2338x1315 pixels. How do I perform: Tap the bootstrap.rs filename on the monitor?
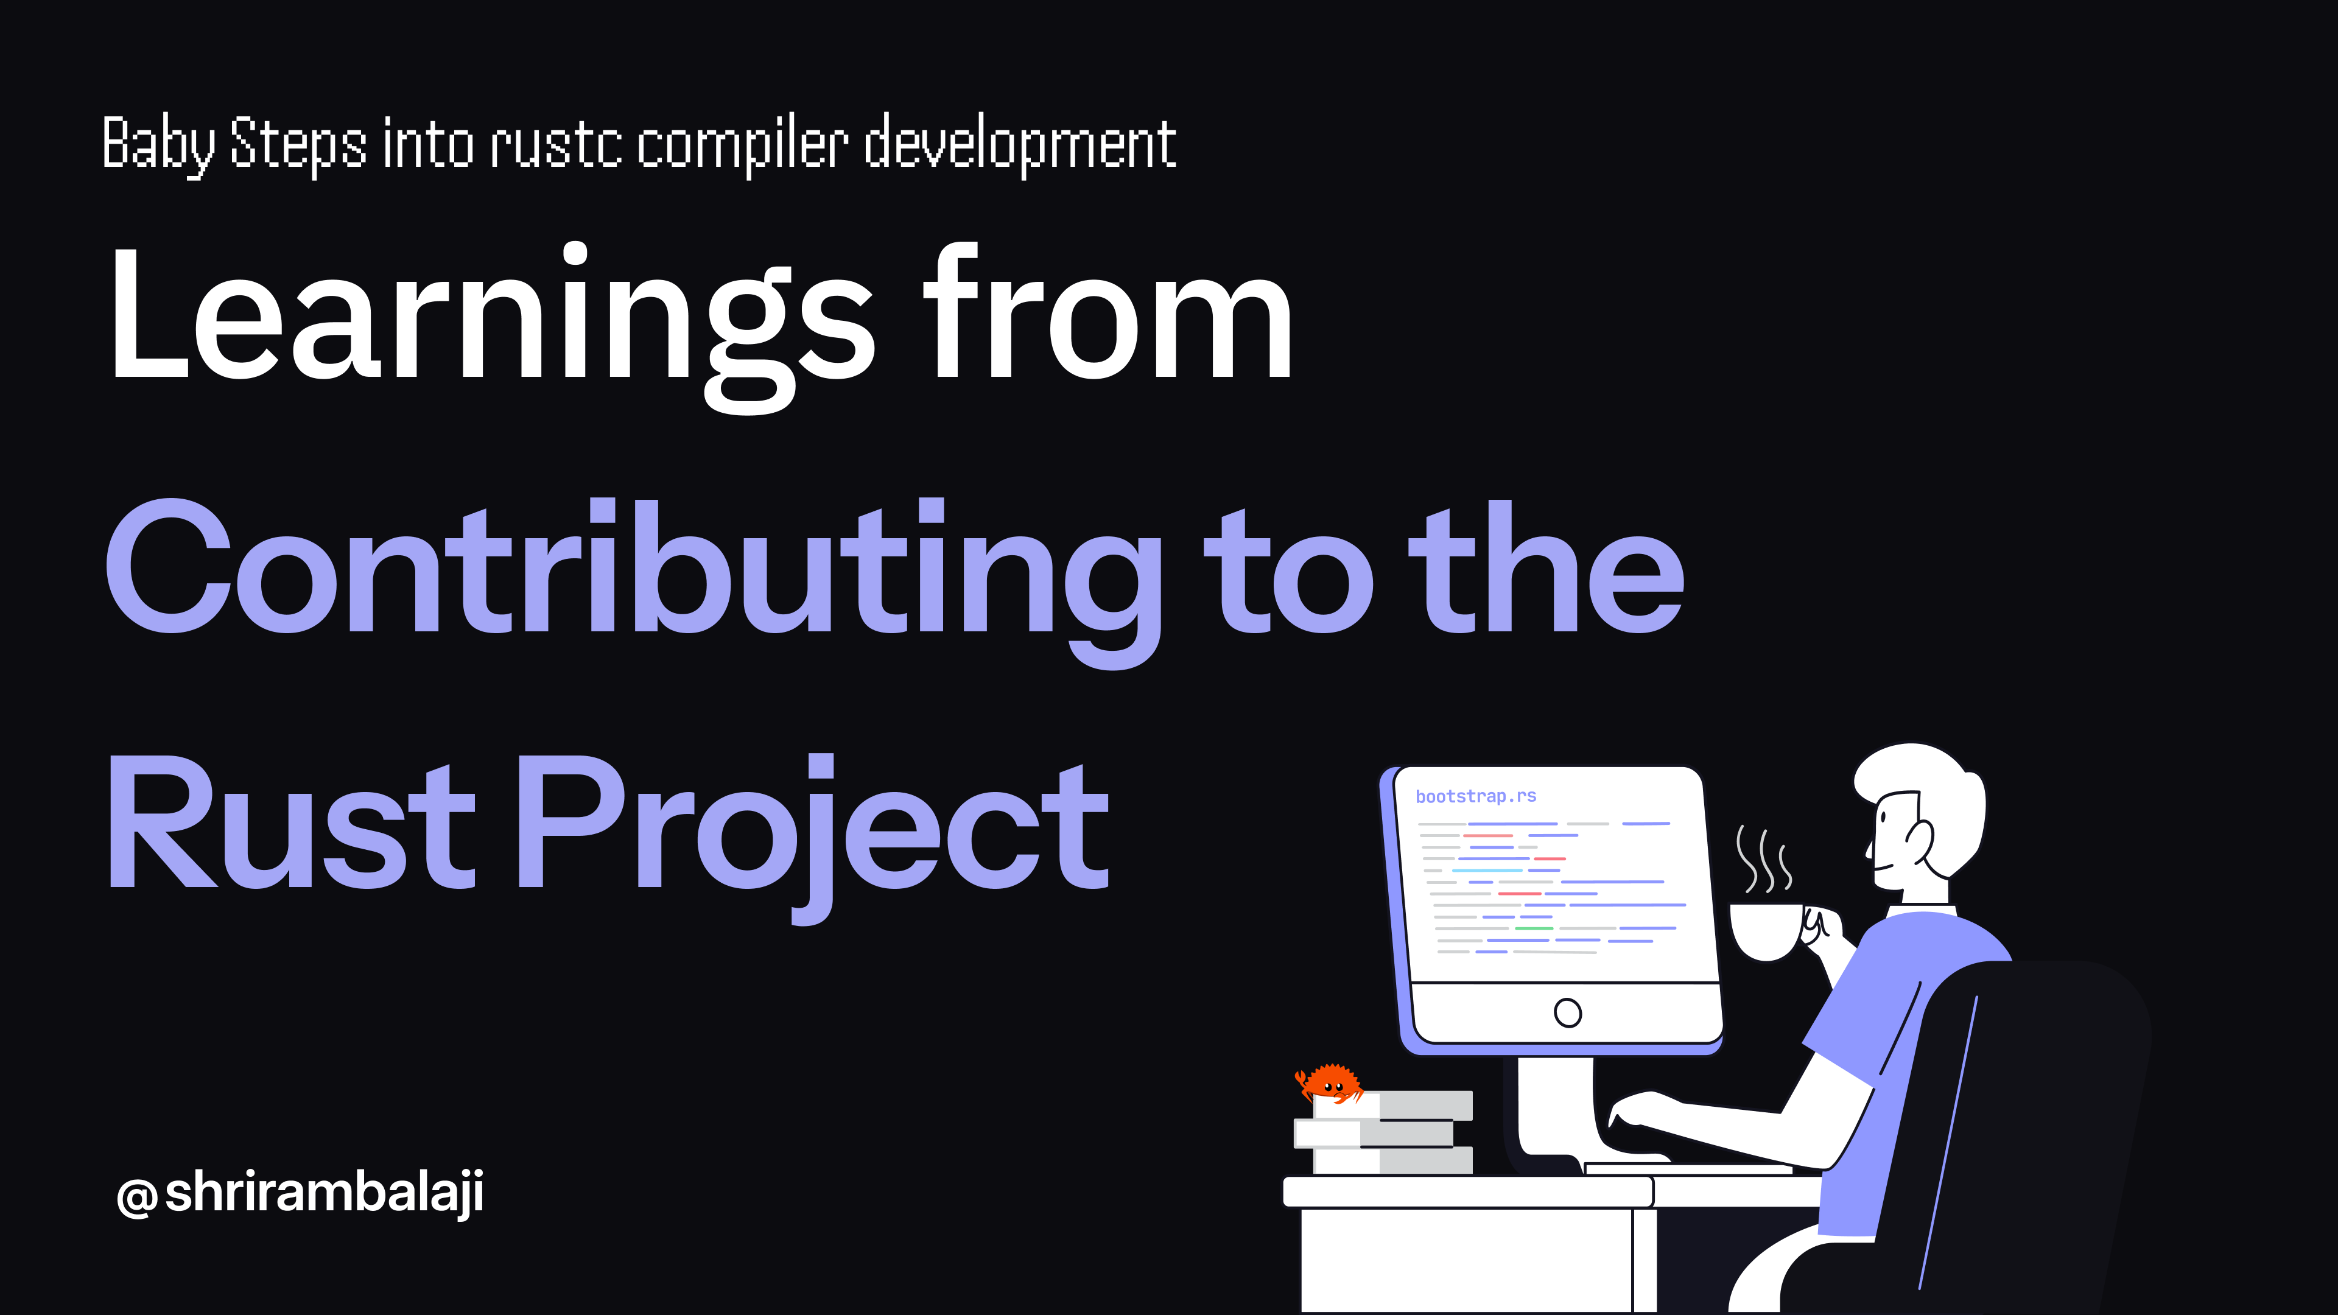[x=1476, y=796]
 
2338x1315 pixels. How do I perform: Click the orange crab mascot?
[x=1330, y=1082]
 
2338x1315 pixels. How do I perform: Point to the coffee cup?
[x=1765, y=930]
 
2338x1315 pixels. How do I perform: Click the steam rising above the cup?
[x=1763, y=858]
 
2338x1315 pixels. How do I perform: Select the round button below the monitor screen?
[x=1567, y=1012]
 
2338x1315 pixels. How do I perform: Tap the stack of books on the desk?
[x=1384, y=1132]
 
